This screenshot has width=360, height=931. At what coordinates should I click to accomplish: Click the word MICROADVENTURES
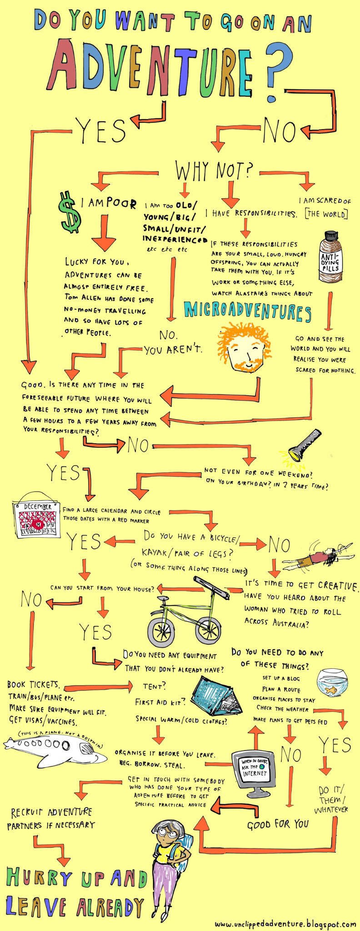pyautogui.click(x=247, y=311)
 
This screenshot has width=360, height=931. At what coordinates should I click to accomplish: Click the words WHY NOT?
pyautogui.click(x=214, y=171)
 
